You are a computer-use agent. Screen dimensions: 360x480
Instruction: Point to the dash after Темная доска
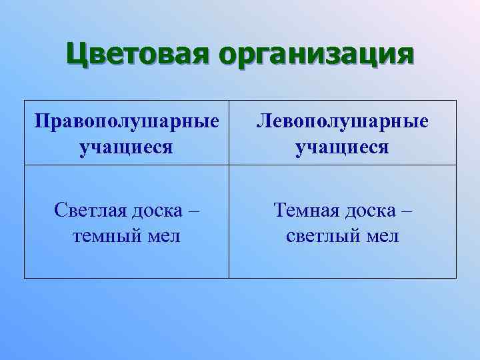407,212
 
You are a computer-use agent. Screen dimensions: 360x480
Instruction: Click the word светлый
323,235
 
